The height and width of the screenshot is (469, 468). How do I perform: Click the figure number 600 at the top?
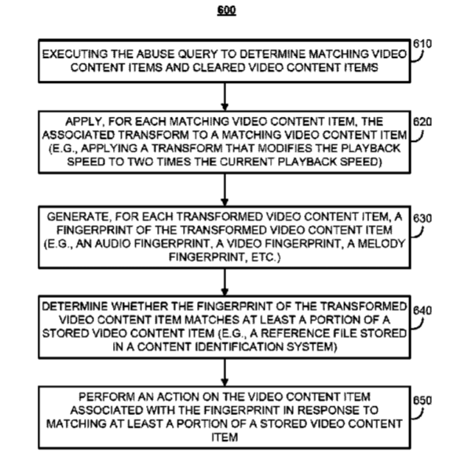coord(227,10)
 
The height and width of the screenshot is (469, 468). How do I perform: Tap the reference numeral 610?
coord(422,44)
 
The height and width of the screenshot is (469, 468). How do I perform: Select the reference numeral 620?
coord(422,122)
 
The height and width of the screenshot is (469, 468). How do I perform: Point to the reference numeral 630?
coord(422,219)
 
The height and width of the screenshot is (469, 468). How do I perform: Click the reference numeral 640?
coord(422,311)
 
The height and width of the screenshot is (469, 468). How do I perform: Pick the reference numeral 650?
coord(422,401)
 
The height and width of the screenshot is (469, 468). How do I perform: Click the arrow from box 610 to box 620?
coord(225,96)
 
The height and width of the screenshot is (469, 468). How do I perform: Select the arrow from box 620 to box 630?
coord(225,190)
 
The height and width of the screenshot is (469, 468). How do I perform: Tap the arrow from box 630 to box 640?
coord(225,282)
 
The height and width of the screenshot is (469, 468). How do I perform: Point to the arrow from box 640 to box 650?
coord(225,373)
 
